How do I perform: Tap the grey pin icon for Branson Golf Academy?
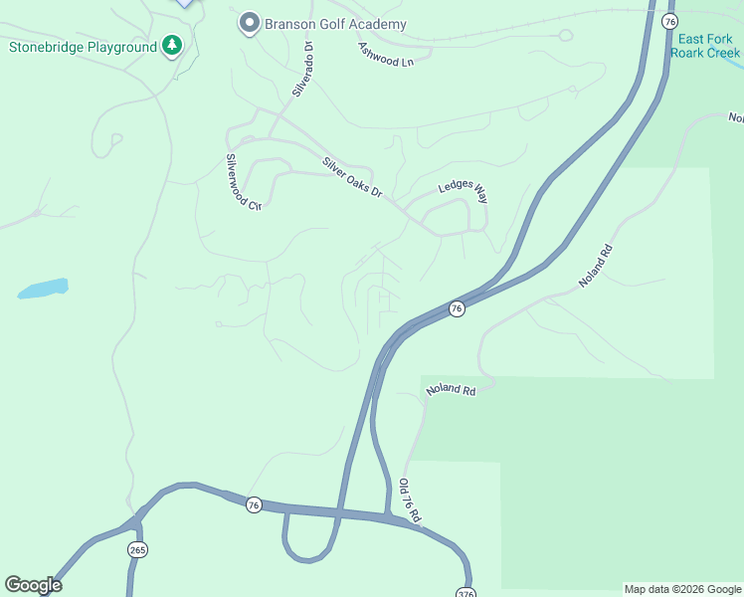pos(249,22)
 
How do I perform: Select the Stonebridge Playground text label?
pos(83,47)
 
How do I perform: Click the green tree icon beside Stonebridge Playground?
pos(172,46)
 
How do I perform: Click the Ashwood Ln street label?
pos(386,54)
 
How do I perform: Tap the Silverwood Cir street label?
pos(242,182)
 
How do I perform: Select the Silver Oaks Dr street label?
pos(352,176)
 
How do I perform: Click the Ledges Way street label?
pos(464,192)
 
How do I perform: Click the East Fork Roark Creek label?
pos(705,46)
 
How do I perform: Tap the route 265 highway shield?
pos(137,550)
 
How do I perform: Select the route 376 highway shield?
pos(465,593)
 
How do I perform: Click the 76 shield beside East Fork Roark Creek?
pos(670,22)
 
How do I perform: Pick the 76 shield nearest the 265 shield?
pos(254,504)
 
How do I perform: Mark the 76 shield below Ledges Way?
pos(456,308)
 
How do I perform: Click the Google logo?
pos(33,585)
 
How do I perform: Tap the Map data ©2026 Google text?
pos(682,589)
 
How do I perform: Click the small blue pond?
pos(43,289)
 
